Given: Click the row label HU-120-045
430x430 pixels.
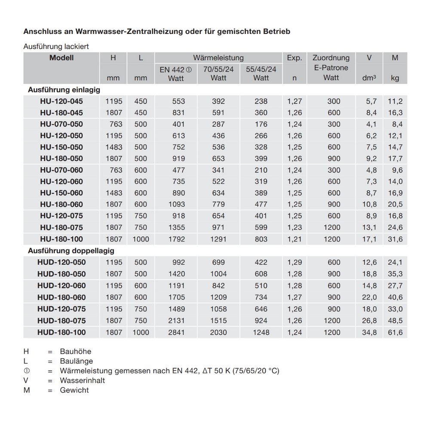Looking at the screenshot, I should [x=61, y=101].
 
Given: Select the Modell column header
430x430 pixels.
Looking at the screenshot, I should [x=61, y=58].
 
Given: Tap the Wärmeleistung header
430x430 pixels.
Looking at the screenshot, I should [x=218, y=58].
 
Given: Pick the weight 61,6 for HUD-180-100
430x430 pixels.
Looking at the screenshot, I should [x=394, y=332].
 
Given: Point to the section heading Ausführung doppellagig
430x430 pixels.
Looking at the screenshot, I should [x=71, y=251].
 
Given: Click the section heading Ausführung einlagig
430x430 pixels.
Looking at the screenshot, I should [x=64, y=90].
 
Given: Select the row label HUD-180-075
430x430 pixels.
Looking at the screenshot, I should [x=61, y=321].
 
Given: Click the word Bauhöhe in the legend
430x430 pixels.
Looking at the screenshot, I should [x=76, y=352].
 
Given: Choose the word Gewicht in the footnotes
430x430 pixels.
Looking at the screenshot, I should [x=74, y=390].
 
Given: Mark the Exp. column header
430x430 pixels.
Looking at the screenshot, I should [x=294, y=58].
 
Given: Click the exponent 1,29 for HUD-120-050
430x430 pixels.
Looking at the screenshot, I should [x=295, y=262].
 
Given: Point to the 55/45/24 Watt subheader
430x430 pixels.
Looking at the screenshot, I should [x=261, y=74].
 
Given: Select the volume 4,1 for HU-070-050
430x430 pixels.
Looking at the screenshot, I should [x=371, y=124].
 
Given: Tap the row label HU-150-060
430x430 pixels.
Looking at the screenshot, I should [x=61, y=193].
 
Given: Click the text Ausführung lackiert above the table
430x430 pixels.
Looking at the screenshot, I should [x=56, y=46].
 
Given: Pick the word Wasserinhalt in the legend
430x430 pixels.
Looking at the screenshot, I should [x=83, y=381].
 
